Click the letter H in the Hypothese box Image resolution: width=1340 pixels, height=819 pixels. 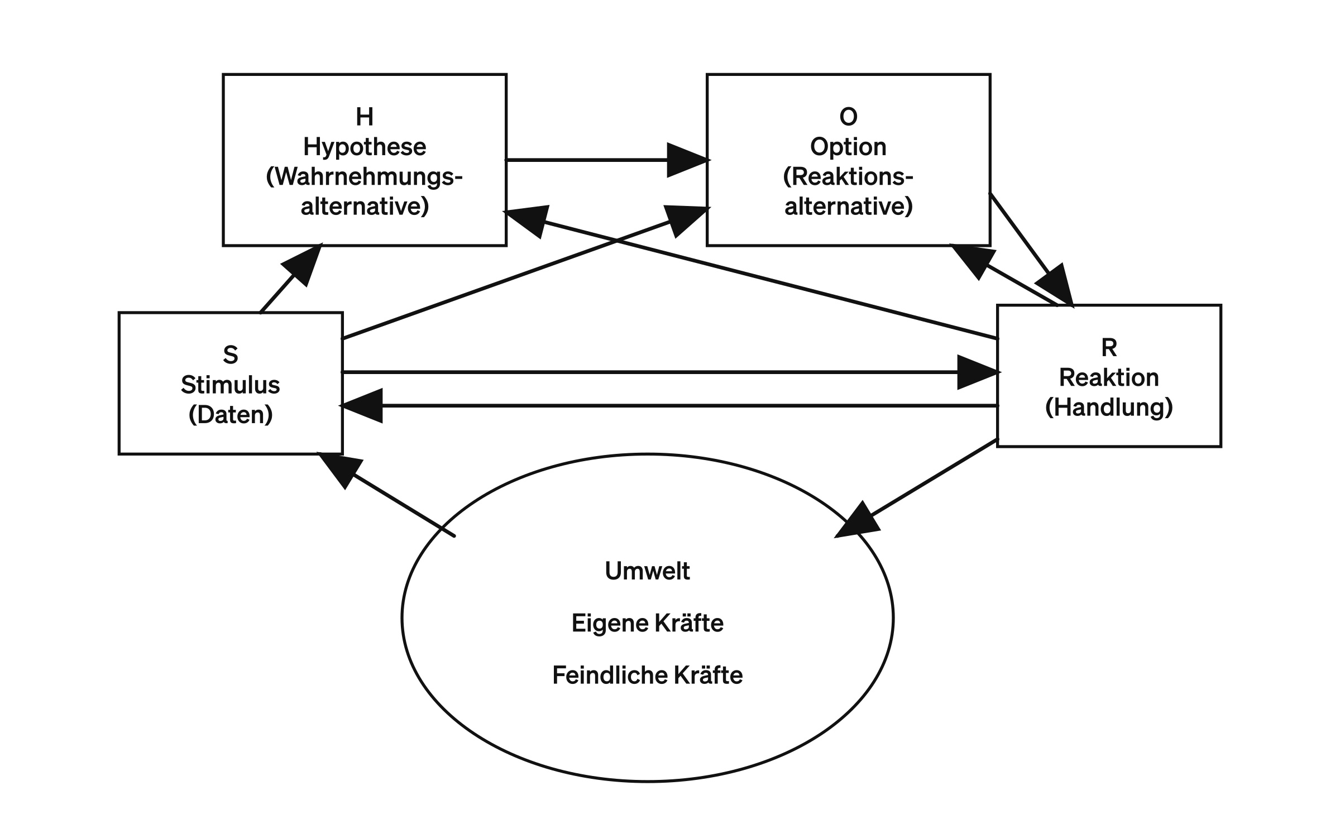(365, 117)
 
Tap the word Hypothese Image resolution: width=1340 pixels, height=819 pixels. (365, 147)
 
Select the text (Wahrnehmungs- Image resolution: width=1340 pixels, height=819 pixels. (365, 177)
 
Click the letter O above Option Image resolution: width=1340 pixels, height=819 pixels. (848, 117)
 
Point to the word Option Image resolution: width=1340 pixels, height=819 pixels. (848, 147)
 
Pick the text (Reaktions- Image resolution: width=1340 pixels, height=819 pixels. (848, 177)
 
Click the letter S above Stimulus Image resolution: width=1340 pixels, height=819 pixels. (231, 355)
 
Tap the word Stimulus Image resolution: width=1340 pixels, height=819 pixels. (231, 385)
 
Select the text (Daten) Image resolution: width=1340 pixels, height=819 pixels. (231, 415)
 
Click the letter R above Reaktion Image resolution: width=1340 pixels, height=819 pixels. (1109, 348)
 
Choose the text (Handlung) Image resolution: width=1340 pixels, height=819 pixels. (1109, 408)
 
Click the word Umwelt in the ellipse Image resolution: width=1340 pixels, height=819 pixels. (648, 571)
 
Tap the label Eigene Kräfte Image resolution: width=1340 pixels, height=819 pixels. (648, 623)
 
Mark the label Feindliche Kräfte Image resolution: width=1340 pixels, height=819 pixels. (648, 676)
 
